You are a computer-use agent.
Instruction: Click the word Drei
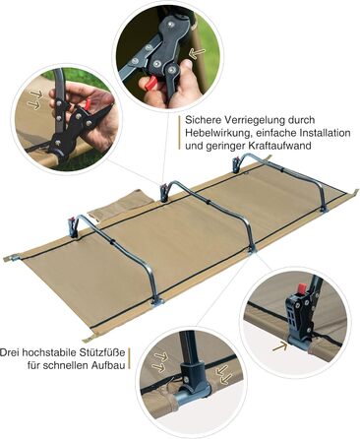(9, 352)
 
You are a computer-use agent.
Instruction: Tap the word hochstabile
(48, 352)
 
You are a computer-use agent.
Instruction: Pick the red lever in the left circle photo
(88, 105)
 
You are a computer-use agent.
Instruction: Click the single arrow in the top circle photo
(198, 52)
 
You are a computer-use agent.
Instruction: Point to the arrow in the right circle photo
(279, 346)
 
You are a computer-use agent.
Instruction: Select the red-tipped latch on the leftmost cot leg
(72, 226)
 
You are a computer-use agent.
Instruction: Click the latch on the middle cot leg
(164, 193)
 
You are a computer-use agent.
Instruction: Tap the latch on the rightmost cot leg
(236, 164)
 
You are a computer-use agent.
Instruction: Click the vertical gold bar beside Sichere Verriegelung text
(180, 133)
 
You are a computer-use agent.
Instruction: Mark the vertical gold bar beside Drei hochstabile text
(130, 359)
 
